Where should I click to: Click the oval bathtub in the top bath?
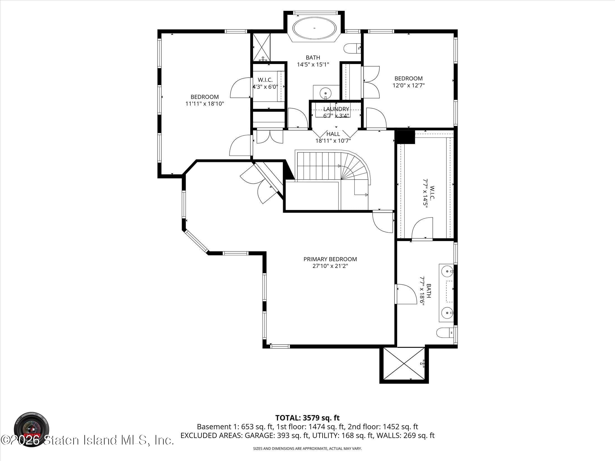[314, 28]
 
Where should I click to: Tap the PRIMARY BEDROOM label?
[330, 259]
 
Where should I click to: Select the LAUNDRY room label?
[336, 109]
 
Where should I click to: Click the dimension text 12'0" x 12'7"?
[408, 85]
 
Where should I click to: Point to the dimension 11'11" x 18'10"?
[205, 104]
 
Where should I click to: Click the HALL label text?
[333, 134]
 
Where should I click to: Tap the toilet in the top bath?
[352, 49]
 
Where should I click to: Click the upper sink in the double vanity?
[447, 271]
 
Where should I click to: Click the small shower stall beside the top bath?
[261, 47]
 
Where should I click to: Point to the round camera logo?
[32, 429]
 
